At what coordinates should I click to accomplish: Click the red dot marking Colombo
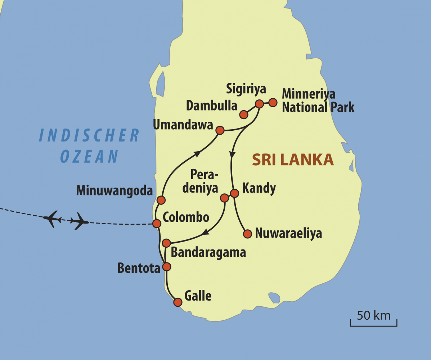coord(157,224)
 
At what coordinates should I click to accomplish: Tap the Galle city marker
coord(178,302)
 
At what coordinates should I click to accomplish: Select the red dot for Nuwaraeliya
coord(247,234)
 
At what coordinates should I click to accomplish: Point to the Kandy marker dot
coord(234,193)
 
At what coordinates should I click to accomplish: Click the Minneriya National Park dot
coord(273,103)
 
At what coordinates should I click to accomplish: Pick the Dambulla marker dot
coord(244,114)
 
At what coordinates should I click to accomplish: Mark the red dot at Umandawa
coord(220,130)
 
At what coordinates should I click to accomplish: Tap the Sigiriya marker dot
coord(259,104)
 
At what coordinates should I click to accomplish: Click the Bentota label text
coord(139,268)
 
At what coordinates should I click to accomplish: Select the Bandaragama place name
coord(208,252)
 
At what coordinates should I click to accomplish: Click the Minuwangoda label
coord(115,190)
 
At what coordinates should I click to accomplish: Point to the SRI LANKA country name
coord(293,160)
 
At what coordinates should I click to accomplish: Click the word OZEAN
coord(89,156)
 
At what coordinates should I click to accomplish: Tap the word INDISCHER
coord(89,135)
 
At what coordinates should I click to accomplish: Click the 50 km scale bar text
coord(373,315)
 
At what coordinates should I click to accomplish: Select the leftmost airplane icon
coord(52,218)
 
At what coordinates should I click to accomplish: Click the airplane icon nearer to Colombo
coord(79,221)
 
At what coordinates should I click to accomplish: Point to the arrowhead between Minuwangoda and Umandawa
coord(197,154)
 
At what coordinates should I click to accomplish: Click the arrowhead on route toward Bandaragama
coord(205,233)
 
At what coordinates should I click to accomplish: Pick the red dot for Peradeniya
coord(224,198)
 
